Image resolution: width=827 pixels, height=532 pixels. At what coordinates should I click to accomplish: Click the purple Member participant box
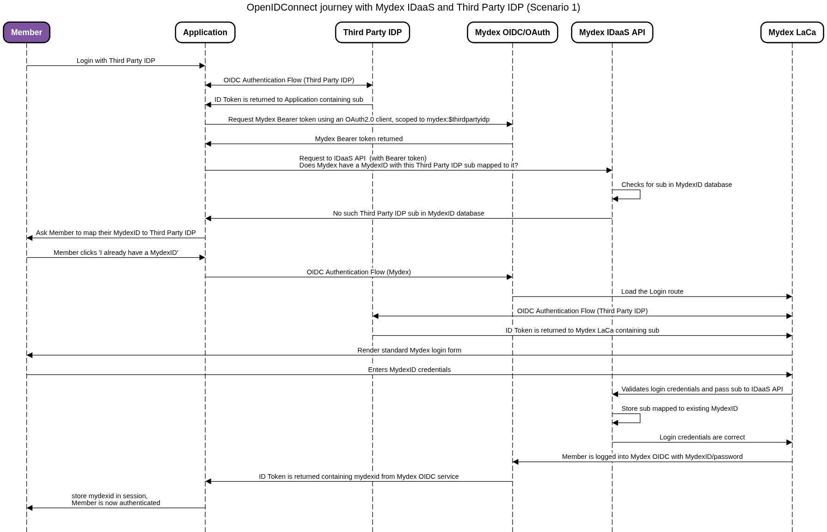tap(26, 32)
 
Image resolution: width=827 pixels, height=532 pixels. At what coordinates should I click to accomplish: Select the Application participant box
tap(205, 32)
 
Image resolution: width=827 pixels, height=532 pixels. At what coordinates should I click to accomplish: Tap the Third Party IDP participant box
tap(373, 32)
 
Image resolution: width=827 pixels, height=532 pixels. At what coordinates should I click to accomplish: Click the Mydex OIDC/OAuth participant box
tap(512, 32)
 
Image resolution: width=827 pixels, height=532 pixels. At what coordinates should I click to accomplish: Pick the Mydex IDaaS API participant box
tap(612, 32)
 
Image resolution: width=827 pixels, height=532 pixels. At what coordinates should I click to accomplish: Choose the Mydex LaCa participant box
tap(792, 32)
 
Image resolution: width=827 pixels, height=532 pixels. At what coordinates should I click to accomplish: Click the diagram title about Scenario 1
tap(413, 7)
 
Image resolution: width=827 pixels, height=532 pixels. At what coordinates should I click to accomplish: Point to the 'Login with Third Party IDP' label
tap(116, 61)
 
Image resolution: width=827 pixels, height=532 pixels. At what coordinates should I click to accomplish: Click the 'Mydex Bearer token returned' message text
tap(359, 139)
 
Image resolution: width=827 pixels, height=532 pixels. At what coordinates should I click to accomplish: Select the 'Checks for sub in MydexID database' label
tap(677, 185)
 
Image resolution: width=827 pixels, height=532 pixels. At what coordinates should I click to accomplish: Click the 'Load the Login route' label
tap(652, 291)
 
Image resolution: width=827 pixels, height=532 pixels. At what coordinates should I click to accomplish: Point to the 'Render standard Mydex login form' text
tap(409, 350)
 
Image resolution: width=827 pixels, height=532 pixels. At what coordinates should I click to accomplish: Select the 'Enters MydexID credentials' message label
tap(409, 370)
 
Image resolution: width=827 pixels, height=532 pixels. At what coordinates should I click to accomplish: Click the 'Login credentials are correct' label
tap(702, 437)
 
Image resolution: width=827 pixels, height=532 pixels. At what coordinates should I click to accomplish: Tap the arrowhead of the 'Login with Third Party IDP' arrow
tap(202, 66)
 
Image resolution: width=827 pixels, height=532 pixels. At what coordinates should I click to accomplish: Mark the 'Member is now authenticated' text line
tap(116, 503)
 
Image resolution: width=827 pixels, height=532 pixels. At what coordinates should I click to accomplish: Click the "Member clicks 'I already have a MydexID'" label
tap(116, 253)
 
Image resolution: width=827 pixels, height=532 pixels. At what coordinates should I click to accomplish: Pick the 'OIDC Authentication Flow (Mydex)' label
tap(359, 272)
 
